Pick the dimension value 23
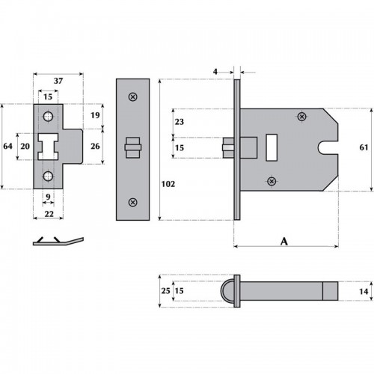178,122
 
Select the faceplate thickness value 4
215,72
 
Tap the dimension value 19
94,116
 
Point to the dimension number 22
47,214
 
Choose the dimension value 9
47,197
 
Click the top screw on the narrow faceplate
132,96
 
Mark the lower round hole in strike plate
48,176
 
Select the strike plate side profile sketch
58,241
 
